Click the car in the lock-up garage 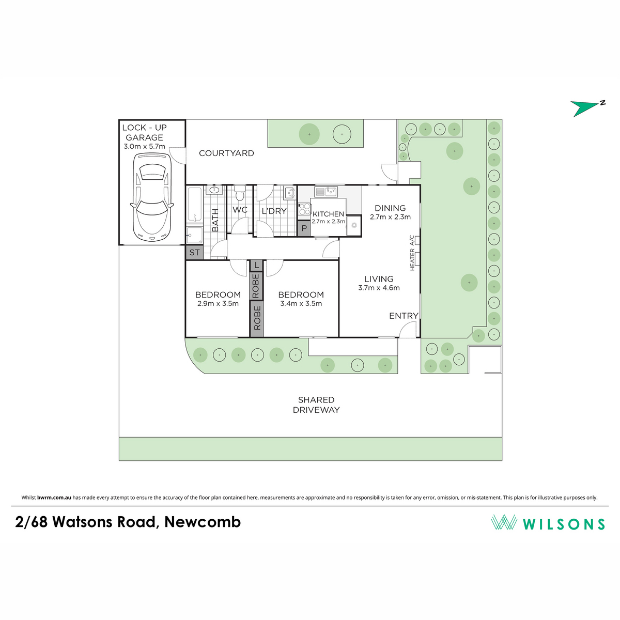152,197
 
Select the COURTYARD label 226,153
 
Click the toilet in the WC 239,193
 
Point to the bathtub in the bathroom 194,204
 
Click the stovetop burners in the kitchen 304,209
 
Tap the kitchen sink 331,192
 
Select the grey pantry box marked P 304,228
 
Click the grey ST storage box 194,252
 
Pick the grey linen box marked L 256,266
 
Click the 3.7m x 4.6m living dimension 379,288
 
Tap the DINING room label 390,208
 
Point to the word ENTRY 404,316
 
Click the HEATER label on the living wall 412,260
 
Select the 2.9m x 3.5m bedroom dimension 218,303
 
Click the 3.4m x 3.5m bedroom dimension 301,303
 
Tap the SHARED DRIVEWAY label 316,405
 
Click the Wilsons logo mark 504,522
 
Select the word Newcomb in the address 203,521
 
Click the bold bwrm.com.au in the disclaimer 54,498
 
